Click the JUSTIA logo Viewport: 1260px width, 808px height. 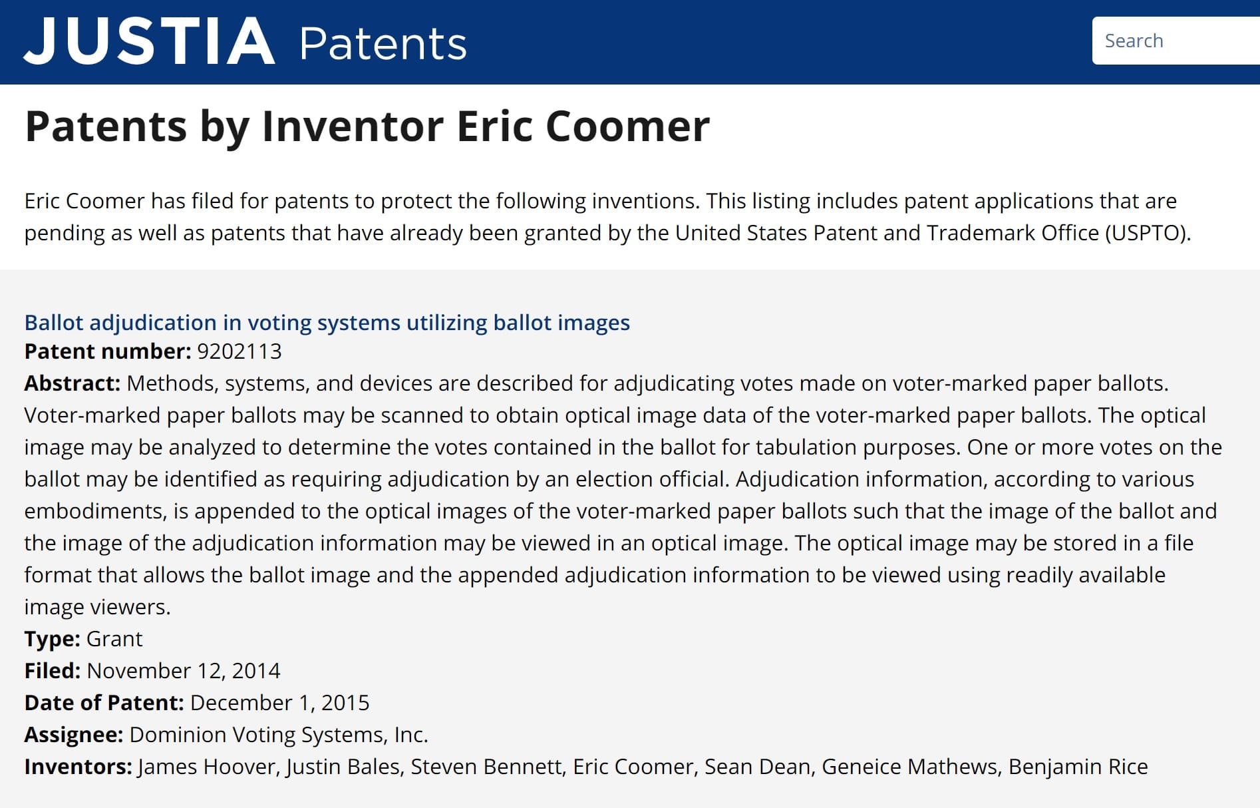click(x=149, y=41)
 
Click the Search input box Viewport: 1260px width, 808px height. click(x=1176, y=41)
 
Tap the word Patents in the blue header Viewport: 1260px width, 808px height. click(x=383, y=44)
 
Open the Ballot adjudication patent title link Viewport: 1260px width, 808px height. click(x=327, y=322)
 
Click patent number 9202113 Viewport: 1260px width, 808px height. click(x=239, y=351)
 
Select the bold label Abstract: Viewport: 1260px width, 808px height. click(x=73, y=383)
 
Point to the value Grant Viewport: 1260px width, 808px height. click(x=114, y=639)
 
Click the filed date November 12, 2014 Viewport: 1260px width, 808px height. click(x=184, y=671)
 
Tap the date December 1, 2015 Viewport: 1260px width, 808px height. click(x=280, y=703)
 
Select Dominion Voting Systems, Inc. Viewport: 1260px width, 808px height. click(x=279, y=735)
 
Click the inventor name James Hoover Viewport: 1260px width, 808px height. click(x=207, y=767)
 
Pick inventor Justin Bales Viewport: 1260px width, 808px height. click(x=343, y=767)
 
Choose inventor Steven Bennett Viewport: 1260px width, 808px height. click(x=486, y=767)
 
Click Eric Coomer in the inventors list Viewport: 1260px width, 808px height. click(x=633, y=767)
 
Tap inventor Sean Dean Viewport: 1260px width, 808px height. click(x=758, y=767)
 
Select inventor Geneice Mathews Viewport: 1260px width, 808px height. click(x=909, y=767)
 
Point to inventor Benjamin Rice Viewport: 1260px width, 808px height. click(x=1078, y=767)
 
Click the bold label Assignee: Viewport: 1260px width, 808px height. click(x=74, y=735)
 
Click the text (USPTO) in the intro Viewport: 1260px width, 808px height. click(x=1148, y=233)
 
